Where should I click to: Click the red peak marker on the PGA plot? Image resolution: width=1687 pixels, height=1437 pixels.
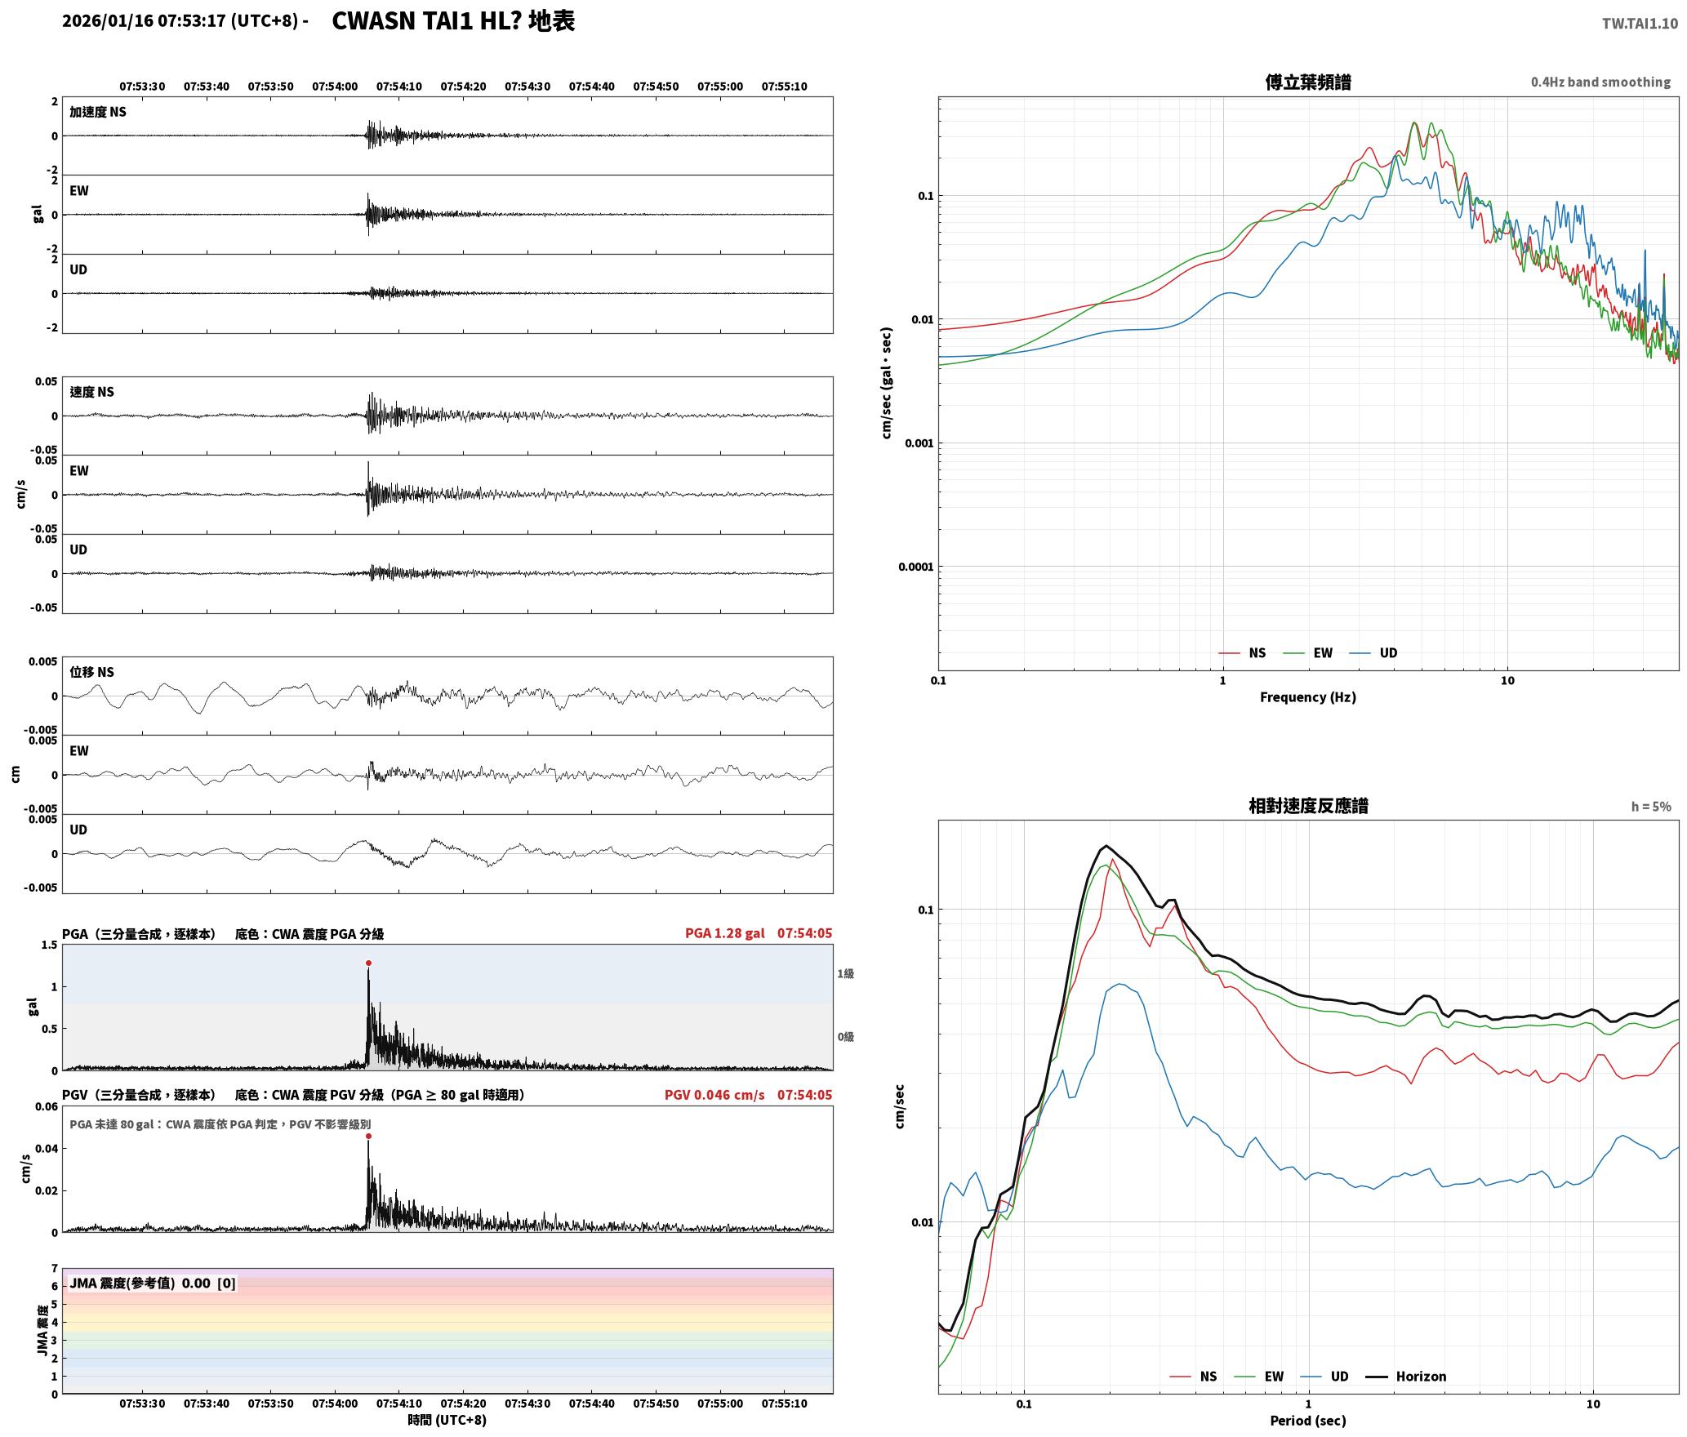coord(368,963)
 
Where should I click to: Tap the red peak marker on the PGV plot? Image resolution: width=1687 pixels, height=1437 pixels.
coord(368,1136)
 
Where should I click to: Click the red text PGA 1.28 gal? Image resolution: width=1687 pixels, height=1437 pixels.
coord(725,933)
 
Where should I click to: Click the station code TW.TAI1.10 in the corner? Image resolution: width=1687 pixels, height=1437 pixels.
coord(1640,24)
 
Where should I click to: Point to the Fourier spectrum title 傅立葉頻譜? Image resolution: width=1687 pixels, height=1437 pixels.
coord(1307,82)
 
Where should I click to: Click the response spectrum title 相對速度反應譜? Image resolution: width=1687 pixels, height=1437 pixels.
coord(1308,806)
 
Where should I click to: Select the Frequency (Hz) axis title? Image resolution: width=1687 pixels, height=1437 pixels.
coord(1307,697)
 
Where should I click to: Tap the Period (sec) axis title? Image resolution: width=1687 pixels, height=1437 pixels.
coord(1307,1421)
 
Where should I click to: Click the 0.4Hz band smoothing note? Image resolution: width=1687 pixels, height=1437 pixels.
coord(1600,82)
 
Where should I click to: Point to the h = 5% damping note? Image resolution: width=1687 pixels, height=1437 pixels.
coord(1651,807)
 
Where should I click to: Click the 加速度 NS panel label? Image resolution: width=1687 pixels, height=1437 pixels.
coord(98,112)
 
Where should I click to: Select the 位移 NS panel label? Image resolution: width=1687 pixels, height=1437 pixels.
coord(91,672)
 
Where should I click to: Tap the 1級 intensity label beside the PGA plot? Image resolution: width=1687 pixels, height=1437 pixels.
coord(845,973)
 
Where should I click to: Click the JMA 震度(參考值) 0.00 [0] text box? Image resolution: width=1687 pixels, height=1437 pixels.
coord(153,1283)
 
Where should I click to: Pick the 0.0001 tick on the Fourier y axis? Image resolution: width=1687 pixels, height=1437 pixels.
coord(915,567)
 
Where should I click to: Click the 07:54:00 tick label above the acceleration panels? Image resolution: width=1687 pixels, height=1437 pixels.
coord(335,87)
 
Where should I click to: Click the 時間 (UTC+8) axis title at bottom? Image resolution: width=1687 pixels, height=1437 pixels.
coord(447,1420)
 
